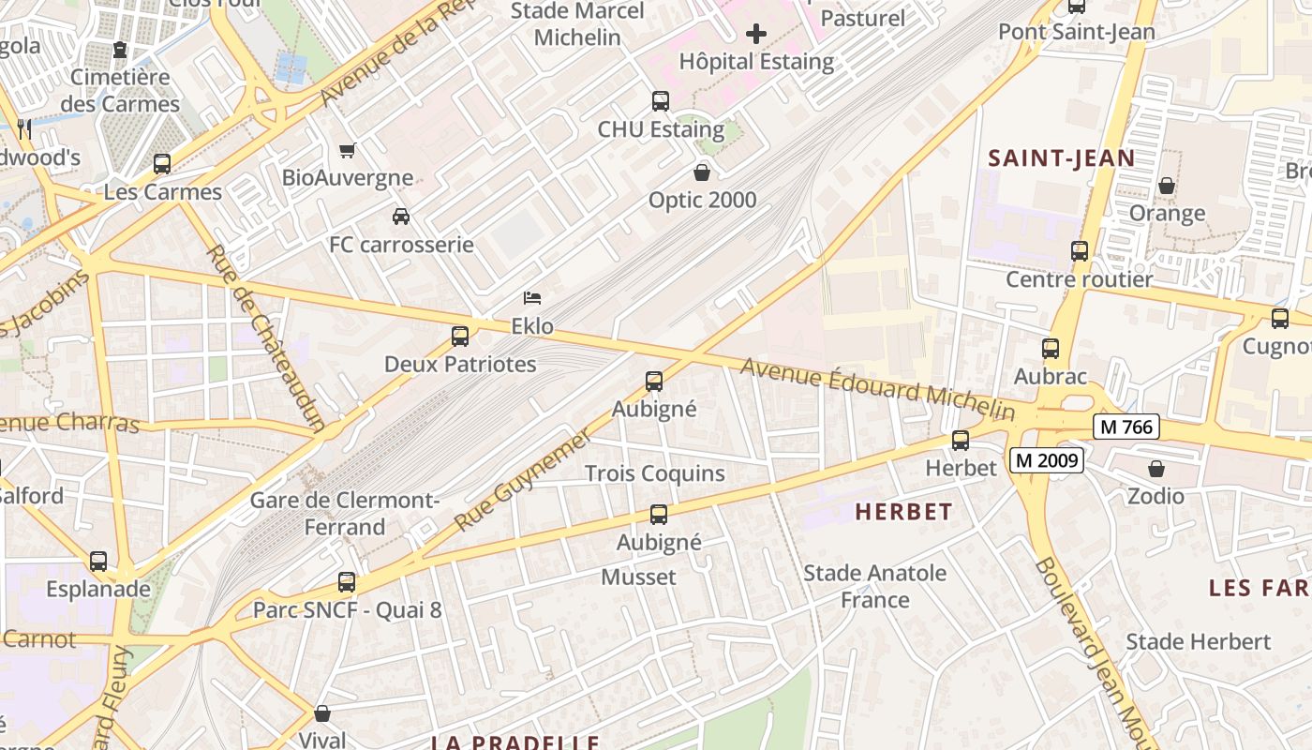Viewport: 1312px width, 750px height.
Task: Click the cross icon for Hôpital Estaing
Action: (755, 35)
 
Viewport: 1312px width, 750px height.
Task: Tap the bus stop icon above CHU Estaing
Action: (661, 101)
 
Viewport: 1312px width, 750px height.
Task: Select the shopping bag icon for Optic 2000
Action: (701, 172)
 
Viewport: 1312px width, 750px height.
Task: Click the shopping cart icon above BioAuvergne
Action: (348, 150)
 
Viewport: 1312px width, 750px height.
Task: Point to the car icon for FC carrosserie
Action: (401, 217)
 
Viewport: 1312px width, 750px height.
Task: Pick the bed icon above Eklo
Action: (532, 299)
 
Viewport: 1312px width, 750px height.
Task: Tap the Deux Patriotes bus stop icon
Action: (460, 337)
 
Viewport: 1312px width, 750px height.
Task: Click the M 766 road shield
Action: (1126, 427)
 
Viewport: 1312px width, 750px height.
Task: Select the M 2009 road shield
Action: (1047, 460)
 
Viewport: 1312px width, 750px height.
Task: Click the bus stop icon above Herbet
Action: (961, 441)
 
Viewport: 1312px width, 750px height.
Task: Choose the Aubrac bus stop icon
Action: (1051, 349)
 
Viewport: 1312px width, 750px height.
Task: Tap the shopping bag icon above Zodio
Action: (1156, 469)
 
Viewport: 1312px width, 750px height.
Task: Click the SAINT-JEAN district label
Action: (1062, 158)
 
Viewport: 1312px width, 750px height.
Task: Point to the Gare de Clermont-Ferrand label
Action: (344, 514)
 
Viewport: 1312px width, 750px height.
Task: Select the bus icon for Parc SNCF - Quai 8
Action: (347, 582)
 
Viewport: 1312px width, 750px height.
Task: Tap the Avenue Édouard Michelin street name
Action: (877, 388)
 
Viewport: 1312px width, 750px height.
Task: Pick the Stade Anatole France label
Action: (875, 586)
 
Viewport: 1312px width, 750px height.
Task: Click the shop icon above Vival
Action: (322, 713)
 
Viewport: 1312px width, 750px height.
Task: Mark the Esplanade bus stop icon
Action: (98, 562)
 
